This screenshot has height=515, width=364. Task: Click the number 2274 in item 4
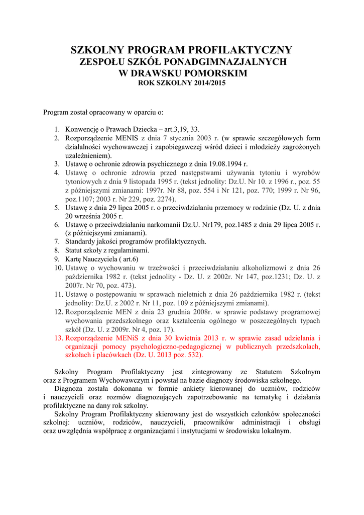(163, 199)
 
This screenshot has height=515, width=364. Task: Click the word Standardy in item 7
(80, 241)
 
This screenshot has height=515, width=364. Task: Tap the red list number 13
(58, 338)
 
